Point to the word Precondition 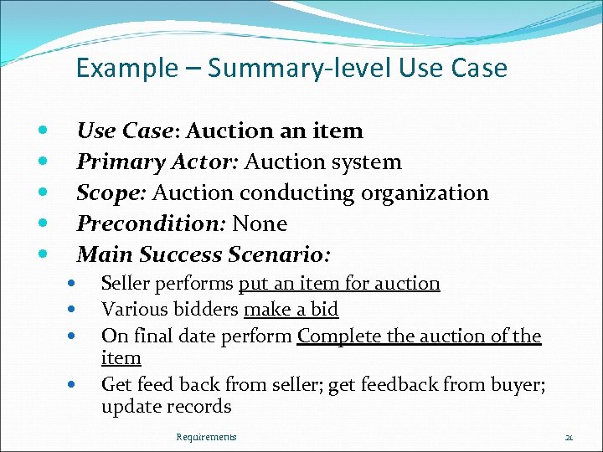[152, 223]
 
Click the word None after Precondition [260, 223]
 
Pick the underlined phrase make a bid [291, 309]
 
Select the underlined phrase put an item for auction [339, 283]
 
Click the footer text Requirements [206, 437]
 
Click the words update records [166, 407]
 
